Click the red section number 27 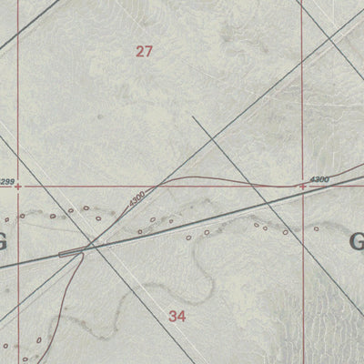coord(144,52)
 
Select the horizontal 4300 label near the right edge coord(318,179)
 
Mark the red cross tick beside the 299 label coord(18,187)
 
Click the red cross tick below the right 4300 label coord(302,187)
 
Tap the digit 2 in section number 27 coord(139,52)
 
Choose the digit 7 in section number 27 coord(148,52)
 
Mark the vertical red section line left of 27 coord(18,91)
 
